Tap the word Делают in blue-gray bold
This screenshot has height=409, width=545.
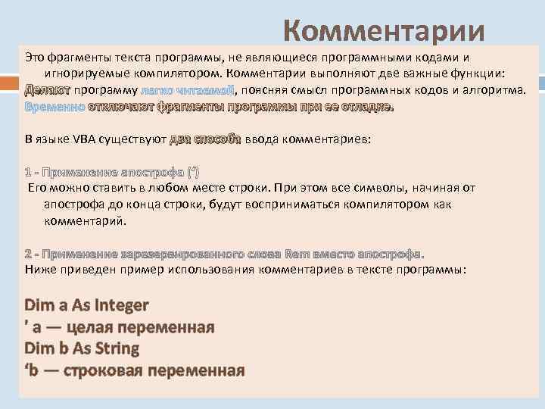click(x=47, y=91)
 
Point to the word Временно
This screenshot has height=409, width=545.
click(x=54, y=107)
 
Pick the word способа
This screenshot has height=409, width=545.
click(x=217, y=140)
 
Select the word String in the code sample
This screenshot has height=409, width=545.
click(x=114, y=348)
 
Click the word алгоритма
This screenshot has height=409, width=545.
click(x=495, y=91)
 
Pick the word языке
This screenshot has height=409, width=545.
click(x=58, y=140)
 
